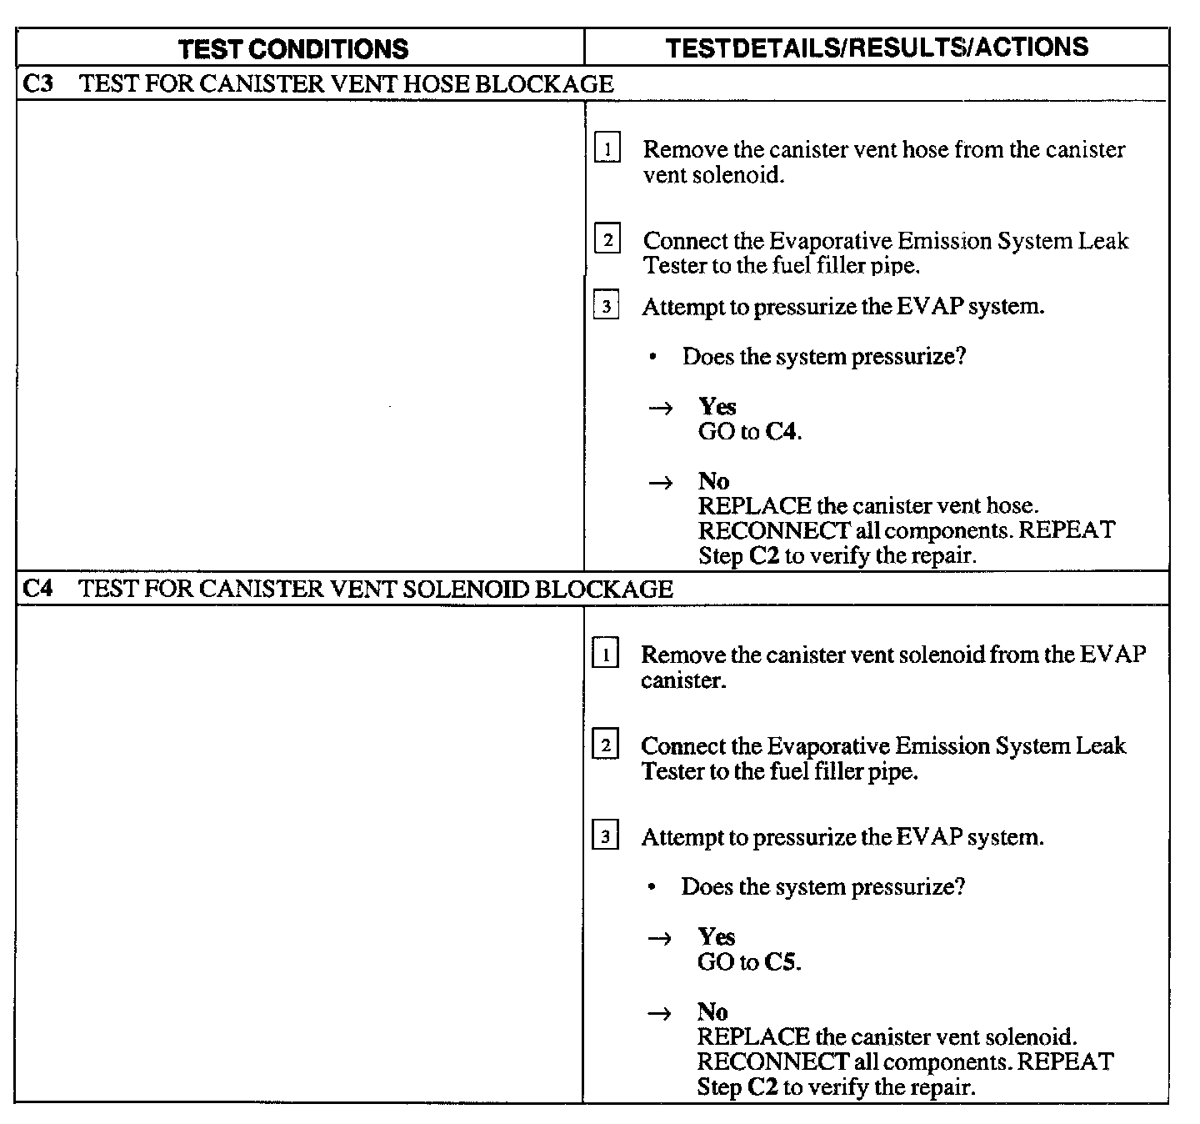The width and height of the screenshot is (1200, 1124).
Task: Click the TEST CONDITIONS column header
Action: tap(293, 48)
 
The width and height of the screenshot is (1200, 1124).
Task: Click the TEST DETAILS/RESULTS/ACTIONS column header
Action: tap(877, 47)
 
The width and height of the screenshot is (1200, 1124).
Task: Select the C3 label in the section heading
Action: tap(38, 83)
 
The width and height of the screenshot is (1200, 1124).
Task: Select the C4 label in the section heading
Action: tap(37, 589)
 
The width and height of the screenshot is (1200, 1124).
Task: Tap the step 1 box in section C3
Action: tap(607, 150)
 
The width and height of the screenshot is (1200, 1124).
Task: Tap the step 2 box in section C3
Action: tap(607, 241)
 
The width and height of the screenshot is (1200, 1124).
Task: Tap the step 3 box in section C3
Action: tap(606, 307)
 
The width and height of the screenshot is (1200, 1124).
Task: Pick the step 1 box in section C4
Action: tap(605, 655)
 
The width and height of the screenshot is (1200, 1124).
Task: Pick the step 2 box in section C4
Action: tap(605, 745)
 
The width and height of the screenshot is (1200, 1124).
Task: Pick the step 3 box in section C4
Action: tap(605, 836)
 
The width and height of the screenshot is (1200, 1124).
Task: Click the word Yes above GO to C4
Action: tap(717, 406)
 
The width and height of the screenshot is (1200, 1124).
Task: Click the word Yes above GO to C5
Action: tap(716, 936)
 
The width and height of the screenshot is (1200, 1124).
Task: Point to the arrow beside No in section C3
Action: tap(661, 482)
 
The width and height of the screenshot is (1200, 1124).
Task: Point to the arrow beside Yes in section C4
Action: tap(660, 937)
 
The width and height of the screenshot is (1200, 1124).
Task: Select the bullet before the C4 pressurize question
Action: tap(652, 886)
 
